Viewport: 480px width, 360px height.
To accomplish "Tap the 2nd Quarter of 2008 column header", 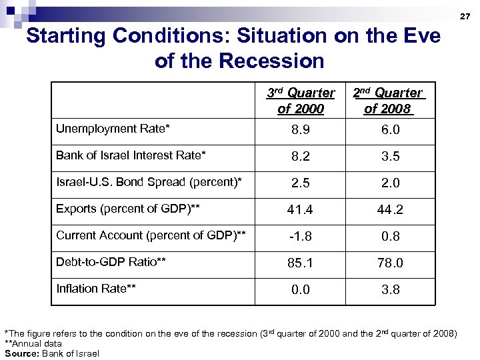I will pos(387,101).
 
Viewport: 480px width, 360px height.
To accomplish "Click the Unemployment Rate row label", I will pos(113,128).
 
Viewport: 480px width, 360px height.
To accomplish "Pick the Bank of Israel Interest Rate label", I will pos(131,155).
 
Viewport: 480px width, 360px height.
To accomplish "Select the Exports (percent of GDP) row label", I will pos(128,209).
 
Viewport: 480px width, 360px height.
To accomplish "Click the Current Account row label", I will pos(151,235).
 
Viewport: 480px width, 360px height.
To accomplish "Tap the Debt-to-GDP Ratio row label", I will pos(111,262).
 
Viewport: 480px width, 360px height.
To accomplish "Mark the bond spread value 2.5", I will pos(300,183).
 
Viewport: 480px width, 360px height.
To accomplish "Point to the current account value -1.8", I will pos(300,237).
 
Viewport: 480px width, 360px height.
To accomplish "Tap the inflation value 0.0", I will pos(300,290).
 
